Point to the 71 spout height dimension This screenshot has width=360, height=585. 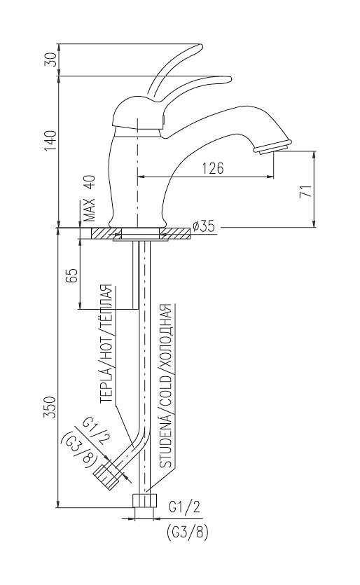click(x=305, y=193)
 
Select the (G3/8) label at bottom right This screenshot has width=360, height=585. click(x=187, y=532)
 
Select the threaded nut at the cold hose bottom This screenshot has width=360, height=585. click(x=144, y=502)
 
